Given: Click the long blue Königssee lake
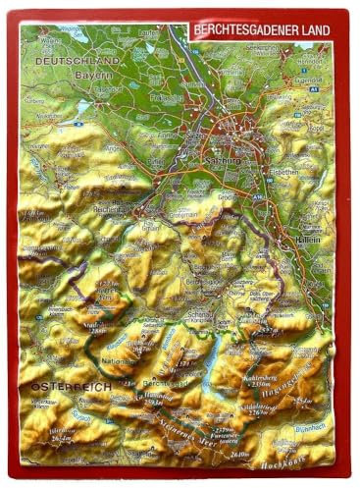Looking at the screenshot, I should [x=212, y=363].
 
